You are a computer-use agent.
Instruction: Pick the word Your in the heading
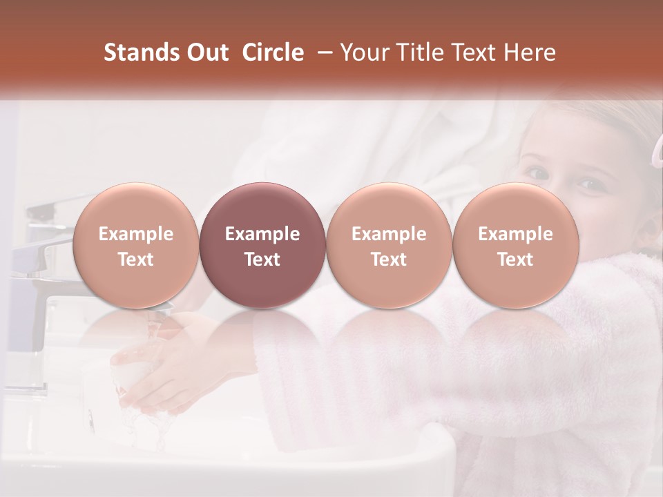tap(366, 52)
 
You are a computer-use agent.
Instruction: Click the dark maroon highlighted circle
tap(262, 246)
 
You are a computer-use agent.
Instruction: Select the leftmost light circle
tap(135, 246)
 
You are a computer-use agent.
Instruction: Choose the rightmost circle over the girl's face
tap(515, 246)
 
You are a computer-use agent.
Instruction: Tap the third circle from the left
tap(389, 246)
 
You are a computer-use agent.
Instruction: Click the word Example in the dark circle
tap(262, 235)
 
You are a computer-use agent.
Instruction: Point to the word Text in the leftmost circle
tap(135, 260)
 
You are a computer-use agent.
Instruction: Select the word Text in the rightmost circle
tap(515, 260)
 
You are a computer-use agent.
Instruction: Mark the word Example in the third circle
tap(389, 235)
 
